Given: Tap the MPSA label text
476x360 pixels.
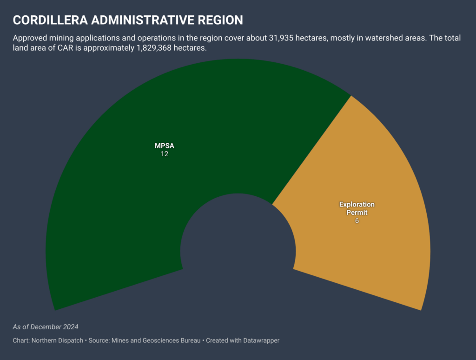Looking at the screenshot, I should (164, 146).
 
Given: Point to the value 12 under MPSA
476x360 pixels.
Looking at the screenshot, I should (164, 154).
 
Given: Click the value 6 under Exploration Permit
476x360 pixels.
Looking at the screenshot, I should (357, 221).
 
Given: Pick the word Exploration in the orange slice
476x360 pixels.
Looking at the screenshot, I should (357, 205).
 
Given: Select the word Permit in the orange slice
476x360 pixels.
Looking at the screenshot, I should (357, 213).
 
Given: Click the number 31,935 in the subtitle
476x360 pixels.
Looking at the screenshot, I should (282, 38).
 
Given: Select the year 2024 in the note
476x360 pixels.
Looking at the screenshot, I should (70, 327).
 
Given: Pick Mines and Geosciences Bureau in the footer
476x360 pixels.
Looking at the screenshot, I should (155, 340).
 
